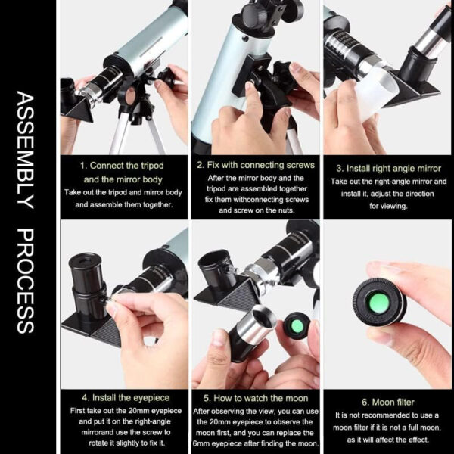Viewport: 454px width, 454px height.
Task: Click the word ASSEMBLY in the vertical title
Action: tap(26, 150)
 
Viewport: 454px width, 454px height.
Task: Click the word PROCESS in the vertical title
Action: tap(26, 281)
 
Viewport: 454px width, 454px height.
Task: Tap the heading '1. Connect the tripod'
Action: tap(122, 166)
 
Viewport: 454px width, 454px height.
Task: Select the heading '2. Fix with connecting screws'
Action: tap(256, 165)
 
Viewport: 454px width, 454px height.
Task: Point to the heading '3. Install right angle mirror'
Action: tap(389, 169)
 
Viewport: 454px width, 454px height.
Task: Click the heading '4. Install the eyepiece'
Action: tap(126, 398)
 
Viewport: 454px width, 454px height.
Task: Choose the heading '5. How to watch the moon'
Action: tap(256, 399)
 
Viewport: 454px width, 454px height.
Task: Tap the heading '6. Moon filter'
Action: tap(388, 403)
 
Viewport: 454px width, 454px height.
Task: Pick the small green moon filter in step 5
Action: tap(297, 326)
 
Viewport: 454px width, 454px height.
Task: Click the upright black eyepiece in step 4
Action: tap(87, 288)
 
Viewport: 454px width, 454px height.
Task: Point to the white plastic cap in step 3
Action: tap(376, 92)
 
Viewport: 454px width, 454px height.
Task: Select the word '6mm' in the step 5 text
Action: tap(201, 443)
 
